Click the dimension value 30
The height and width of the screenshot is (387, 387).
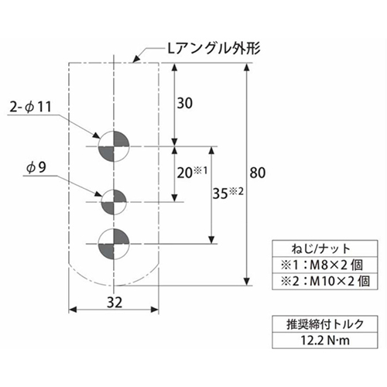pyautogui.click(x=185, y=103)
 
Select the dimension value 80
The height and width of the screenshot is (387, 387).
pyautogui.click(x=258, y=173)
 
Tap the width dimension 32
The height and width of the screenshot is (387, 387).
pyautogui.click(x=115, y=302)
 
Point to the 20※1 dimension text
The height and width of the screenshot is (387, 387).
pyautogui.click(x=192, y=173)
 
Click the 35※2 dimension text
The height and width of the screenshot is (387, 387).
pyautogui.click(x=228, y=193)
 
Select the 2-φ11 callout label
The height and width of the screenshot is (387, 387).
pyautogui.click(x=30, y=107)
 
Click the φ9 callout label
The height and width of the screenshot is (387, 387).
pyautogui.click(x=36, y=167)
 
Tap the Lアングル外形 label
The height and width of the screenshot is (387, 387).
pyautogui.click(x=214, y=48)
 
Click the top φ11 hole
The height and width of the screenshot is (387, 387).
pyautogui.click(x=114, y=146)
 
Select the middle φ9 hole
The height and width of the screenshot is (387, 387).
pyautogui.click(x=114, y=202)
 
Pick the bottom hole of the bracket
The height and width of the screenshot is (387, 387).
pyautogui.click(x=114, y=244)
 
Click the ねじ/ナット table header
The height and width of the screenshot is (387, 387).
pyautogui.click(x=321, y=248)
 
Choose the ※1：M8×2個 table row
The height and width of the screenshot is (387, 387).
pyautogui.click(x=322, y=265)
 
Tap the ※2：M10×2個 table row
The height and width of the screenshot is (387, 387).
pyautogui.click(x=325, y=281)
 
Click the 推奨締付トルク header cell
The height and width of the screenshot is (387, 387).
pyautogui.click(x=325, y=324)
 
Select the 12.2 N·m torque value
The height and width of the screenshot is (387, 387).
pyautogui.click(x=325, y=341)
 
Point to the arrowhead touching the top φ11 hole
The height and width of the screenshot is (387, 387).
pyautogui.click(x=97, y=135)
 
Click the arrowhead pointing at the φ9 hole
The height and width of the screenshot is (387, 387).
pyautogui.click(x=99, y=194)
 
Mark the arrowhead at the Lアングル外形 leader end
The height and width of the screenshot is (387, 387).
pyautogui.click(x=135, y=59)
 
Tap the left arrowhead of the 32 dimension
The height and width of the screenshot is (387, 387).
pyautogui.click(x=73, y=310)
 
